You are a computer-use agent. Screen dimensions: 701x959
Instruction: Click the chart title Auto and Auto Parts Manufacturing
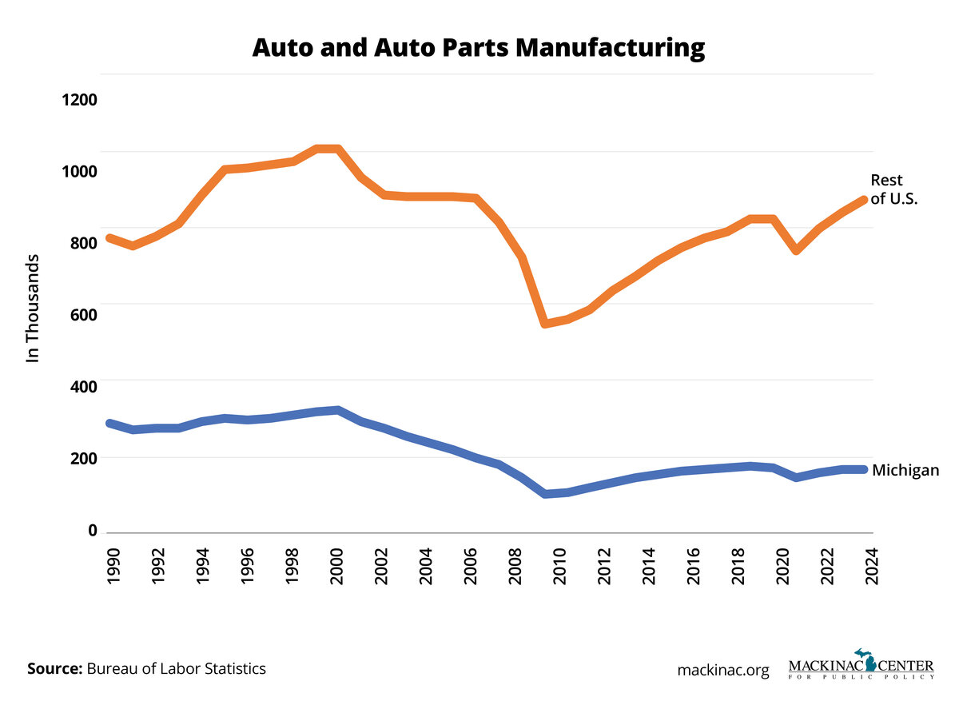[x=479, y=48]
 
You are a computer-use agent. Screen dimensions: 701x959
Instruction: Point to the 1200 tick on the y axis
[x=76, y=100]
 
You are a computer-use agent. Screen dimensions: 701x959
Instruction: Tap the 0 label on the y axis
[x=92, y=530]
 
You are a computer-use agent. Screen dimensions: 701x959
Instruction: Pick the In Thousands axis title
[x=33, y=309]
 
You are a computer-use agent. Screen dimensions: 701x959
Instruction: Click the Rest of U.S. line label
[x=893, y=189]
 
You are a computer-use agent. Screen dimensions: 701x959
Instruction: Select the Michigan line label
[x=905, y=470]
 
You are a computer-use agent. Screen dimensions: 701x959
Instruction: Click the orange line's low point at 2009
[x=544, y=324]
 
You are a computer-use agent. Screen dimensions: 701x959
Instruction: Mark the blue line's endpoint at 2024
[x=863, y=469]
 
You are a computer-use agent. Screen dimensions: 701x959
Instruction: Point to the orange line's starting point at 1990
[x=109, y=238]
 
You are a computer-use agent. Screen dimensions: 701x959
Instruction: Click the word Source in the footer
[x=54, y=668]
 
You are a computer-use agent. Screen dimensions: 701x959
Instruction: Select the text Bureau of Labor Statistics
[x=177, y=668]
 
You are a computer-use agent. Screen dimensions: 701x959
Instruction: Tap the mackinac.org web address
[x=722, y=671]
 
